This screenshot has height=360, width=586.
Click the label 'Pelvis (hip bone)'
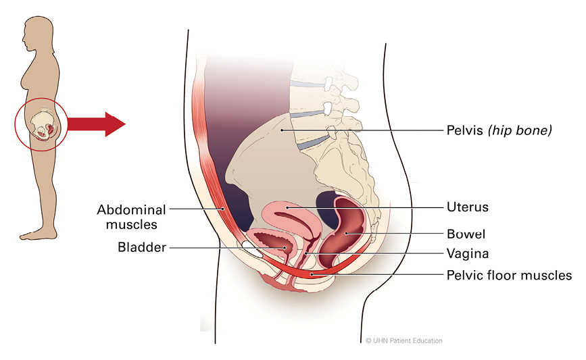pos(499,129)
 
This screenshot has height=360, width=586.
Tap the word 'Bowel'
pos(466,234)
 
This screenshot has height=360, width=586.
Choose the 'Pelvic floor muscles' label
pos(509,276)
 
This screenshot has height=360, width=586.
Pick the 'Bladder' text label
pos(141,248)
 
